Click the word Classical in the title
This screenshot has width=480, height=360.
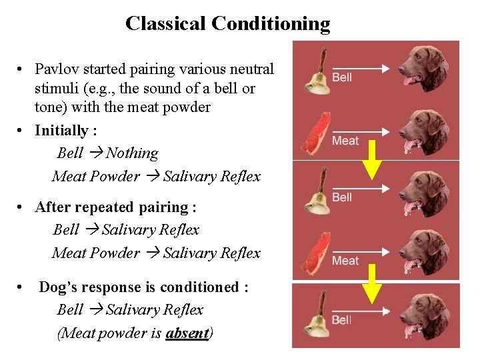click(165, 24)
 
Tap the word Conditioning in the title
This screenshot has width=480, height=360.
click(271, 24)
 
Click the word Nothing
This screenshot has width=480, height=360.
click(132, 153)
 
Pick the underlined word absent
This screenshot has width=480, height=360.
click(187, 333)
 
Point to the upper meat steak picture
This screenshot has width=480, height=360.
click(315, 133)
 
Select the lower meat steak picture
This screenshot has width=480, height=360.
click(315, 253)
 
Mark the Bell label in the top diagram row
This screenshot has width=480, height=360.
click(342, 77)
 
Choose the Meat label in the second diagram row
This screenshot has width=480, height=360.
click(345, 140)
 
